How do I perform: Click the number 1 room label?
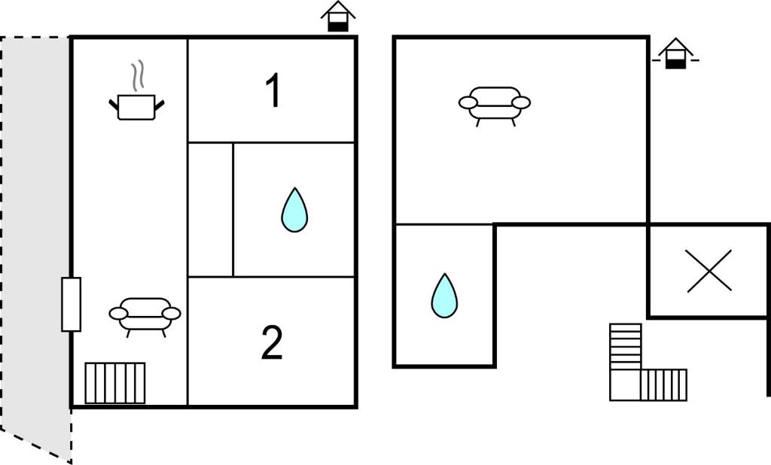[273, 90]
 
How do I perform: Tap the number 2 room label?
[272, 342]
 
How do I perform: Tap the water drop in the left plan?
[294, 210]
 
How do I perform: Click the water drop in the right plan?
[444, 296]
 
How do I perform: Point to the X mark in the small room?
[709, 271]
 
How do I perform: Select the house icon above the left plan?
[338, 17]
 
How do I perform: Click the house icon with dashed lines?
[675, 53]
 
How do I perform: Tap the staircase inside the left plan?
[115, 383]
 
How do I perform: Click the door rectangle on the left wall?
[72, 304]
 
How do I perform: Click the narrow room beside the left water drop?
[211, 210]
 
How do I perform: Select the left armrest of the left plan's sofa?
[118, 313]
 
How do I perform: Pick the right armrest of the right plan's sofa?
[521, 102]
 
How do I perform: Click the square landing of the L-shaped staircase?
[626, 385]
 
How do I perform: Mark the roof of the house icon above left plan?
[338, 9]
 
